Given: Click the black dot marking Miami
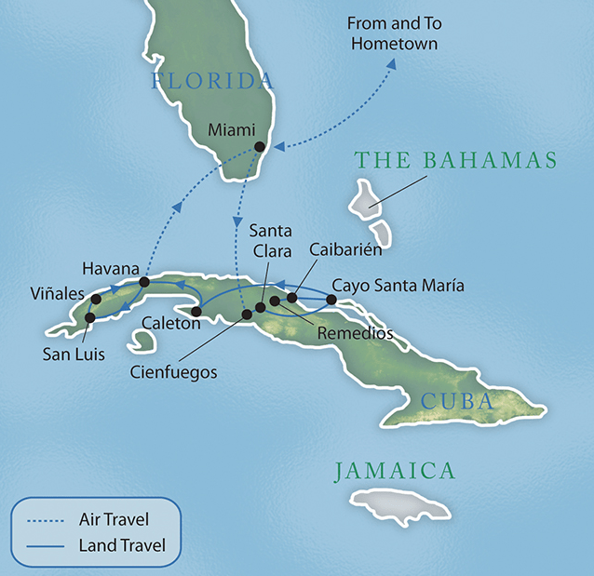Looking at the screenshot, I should pyautogui.click(x=260, y=147).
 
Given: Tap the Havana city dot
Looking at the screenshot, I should pyautogui.click(x=144, y=281).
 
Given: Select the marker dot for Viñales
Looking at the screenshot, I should pyautogui.click(x=95, y=299).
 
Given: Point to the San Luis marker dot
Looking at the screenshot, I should pyautogui.click(x=89, y=317).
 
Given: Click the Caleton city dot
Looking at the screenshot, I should pyautogui.click(x=196, y=311).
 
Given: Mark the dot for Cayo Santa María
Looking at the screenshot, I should pyautogui.click(x=331, y=300).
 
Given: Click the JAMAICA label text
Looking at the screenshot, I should pyautogui.click(x=396, y=471).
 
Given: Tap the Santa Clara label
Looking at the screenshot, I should pyautogui.click(x=271, y=239).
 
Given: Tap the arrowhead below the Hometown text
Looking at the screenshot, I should pyautogui.click(x=391, y=64).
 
